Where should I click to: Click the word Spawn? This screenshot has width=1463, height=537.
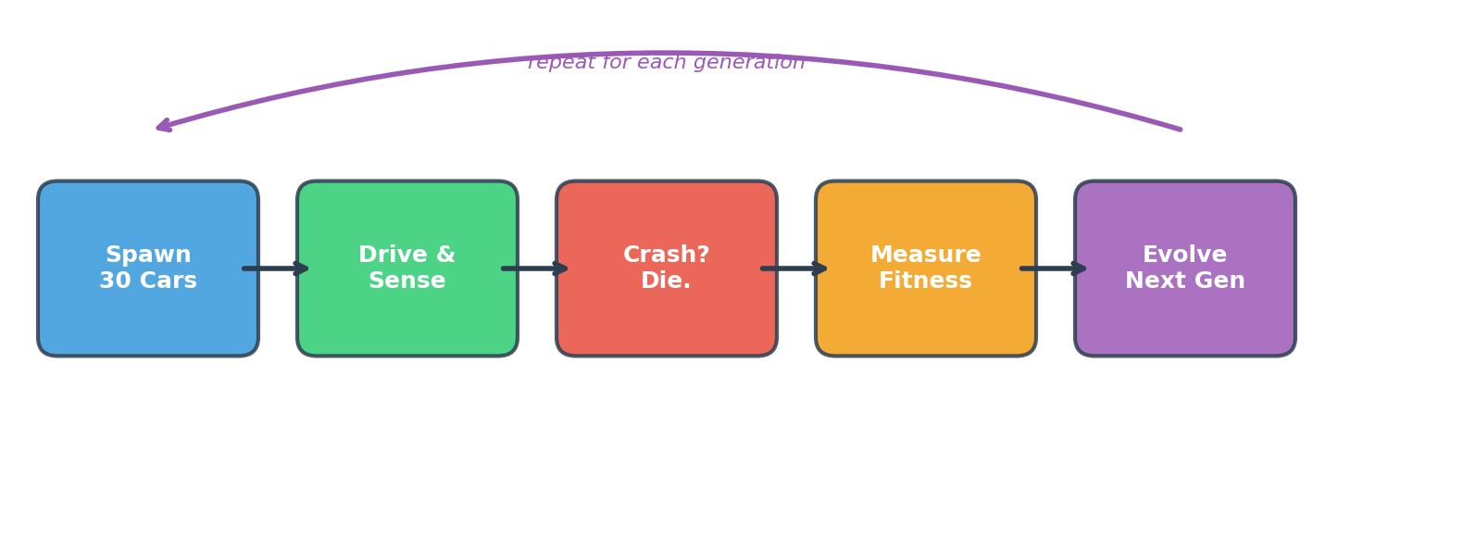coord(148,256)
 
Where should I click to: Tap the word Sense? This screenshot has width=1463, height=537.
coord(407,281)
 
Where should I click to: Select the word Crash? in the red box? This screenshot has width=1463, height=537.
coord(667,256)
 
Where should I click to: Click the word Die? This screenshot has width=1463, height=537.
coord(667,281)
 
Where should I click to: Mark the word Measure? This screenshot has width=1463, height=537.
coord(926,256)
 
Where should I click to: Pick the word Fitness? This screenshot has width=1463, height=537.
coord(926,281)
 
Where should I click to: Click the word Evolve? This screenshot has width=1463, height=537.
coord(1185,256)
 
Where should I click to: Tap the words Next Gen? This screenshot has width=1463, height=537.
coord(1185,281)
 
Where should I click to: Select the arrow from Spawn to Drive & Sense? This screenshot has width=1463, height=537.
coord(277,268)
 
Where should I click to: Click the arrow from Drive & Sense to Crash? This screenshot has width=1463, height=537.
coord(536,268)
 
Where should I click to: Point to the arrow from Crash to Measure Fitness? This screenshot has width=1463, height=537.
coord(795,268)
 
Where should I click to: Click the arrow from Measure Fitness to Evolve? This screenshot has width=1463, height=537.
coord(1055,268)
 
